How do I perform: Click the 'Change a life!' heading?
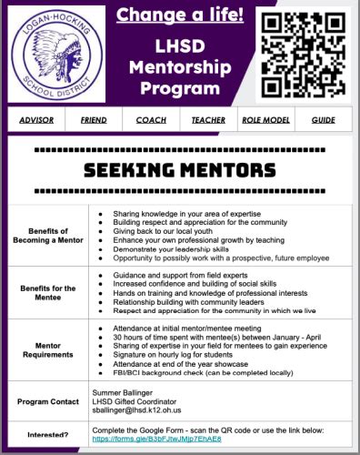(178, 15)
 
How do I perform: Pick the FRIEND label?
(93, 120)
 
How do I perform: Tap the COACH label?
(151, 120)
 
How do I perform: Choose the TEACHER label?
(208, 120)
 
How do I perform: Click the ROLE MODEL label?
(265, 120)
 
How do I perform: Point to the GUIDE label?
(323, 120)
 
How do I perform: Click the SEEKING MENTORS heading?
(180, 169)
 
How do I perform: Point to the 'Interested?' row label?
(49, 435)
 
